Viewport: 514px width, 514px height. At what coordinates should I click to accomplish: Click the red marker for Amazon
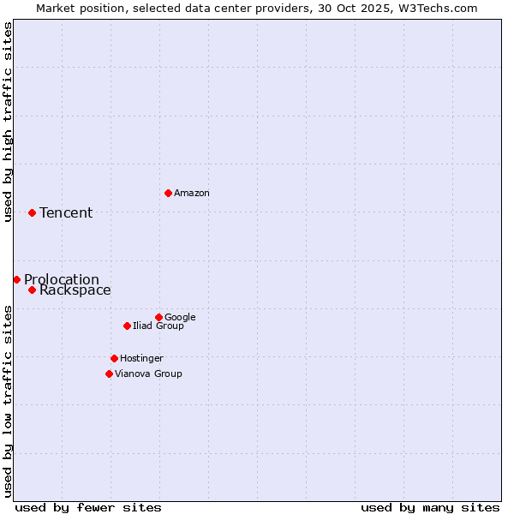point(168,193)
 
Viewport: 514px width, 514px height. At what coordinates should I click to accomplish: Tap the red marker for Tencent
point(32,212)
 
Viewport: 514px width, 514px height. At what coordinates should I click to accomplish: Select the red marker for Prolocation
point(16,279)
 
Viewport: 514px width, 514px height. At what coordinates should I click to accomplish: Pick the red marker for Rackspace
point(32,290)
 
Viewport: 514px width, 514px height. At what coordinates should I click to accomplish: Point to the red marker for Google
point(158,317)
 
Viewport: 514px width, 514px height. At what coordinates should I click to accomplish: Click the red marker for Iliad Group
point(127,326)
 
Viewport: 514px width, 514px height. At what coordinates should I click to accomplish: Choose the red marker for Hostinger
point(114,358)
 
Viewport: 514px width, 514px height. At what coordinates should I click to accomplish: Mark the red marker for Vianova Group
point(109,374)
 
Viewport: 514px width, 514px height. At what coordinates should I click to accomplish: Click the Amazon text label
point(192,194)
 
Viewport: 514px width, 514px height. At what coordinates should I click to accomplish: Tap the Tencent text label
point(66,213)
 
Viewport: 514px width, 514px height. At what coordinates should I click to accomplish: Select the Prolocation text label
point(62,280)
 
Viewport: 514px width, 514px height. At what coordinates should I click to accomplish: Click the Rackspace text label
point(75,290)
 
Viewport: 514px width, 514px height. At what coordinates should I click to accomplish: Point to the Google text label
point(180,318)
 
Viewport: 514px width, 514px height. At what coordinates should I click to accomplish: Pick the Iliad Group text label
point(158,326)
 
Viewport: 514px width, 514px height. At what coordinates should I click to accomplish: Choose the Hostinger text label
point(141,359)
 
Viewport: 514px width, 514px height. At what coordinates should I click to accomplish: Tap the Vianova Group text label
point(148,374)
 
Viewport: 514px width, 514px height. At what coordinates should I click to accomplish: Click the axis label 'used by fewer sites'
point(88,507)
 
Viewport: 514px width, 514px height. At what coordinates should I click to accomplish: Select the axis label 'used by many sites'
point(430,507)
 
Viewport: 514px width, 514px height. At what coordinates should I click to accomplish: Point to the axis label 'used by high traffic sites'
point(8,122)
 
